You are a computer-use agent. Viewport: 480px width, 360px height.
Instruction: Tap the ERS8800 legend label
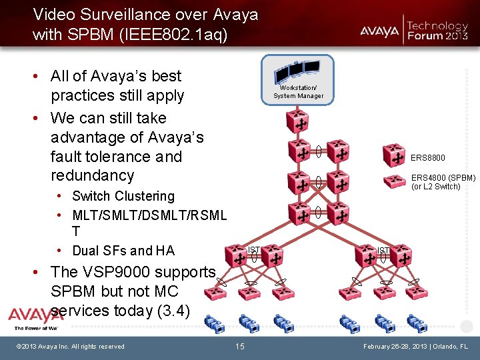tap(428, 158)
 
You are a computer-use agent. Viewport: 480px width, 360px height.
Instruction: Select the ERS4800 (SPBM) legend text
tap(443, 178)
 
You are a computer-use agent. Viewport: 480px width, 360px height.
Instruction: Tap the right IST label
tap(383, 251)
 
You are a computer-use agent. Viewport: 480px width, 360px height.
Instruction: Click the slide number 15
tap(240, 347)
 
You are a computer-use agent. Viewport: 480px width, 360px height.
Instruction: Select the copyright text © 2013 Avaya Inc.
tap(70, 346)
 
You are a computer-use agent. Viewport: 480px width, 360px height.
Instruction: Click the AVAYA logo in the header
tap(380, 31)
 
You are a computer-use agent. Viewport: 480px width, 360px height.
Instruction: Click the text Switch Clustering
tap(123, 196)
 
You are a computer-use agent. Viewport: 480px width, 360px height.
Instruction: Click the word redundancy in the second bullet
tap(92, 175)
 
